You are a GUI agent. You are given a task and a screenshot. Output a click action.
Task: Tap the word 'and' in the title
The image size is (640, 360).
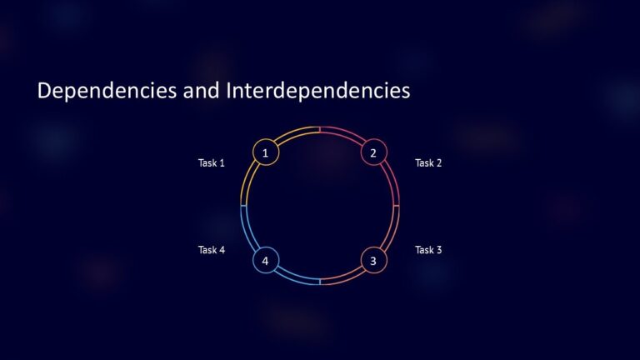click(201, 91)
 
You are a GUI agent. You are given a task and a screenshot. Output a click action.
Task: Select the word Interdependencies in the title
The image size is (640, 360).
click(317, 91)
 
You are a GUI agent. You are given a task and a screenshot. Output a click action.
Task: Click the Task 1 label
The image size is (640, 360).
click(211, 163)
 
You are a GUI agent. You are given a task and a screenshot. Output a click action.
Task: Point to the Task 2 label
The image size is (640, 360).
click(428, 163)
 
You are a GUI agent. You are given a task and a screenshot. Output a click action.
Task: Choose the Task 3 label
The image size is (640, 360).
click(428, 250)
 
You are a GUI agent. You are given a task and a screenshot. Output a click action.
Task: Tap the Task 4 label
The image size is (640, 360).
click(211, 250)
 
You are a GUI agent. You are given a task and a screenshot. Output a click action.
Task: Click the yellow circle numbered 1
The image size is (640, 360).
click(265, 152)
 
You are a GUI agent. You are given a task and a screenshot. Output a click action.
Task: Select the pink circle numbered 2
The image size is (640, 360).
click(373, 152)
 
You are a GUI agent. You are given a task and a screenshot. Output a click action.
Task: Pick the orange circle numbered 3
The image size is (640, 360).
click(373, 261)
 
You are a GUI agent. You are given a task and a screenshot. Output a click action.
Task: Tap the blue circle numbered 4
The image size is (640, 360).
click(265, 261)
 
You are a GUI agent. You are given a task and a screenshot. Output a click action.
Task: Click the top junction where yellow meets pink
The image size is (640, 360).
click(320, 129)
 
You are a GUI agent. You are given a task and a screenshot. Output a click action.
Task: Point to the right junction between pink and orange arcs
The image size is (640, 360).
click(397, 206)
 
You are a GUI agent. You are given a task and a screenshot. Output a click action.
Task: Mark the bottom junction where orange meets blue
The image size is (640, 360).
click(320, 283)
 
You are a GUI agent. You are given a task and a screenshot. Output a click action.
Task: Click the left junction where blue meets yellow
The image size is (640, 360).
click(242, 206)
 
